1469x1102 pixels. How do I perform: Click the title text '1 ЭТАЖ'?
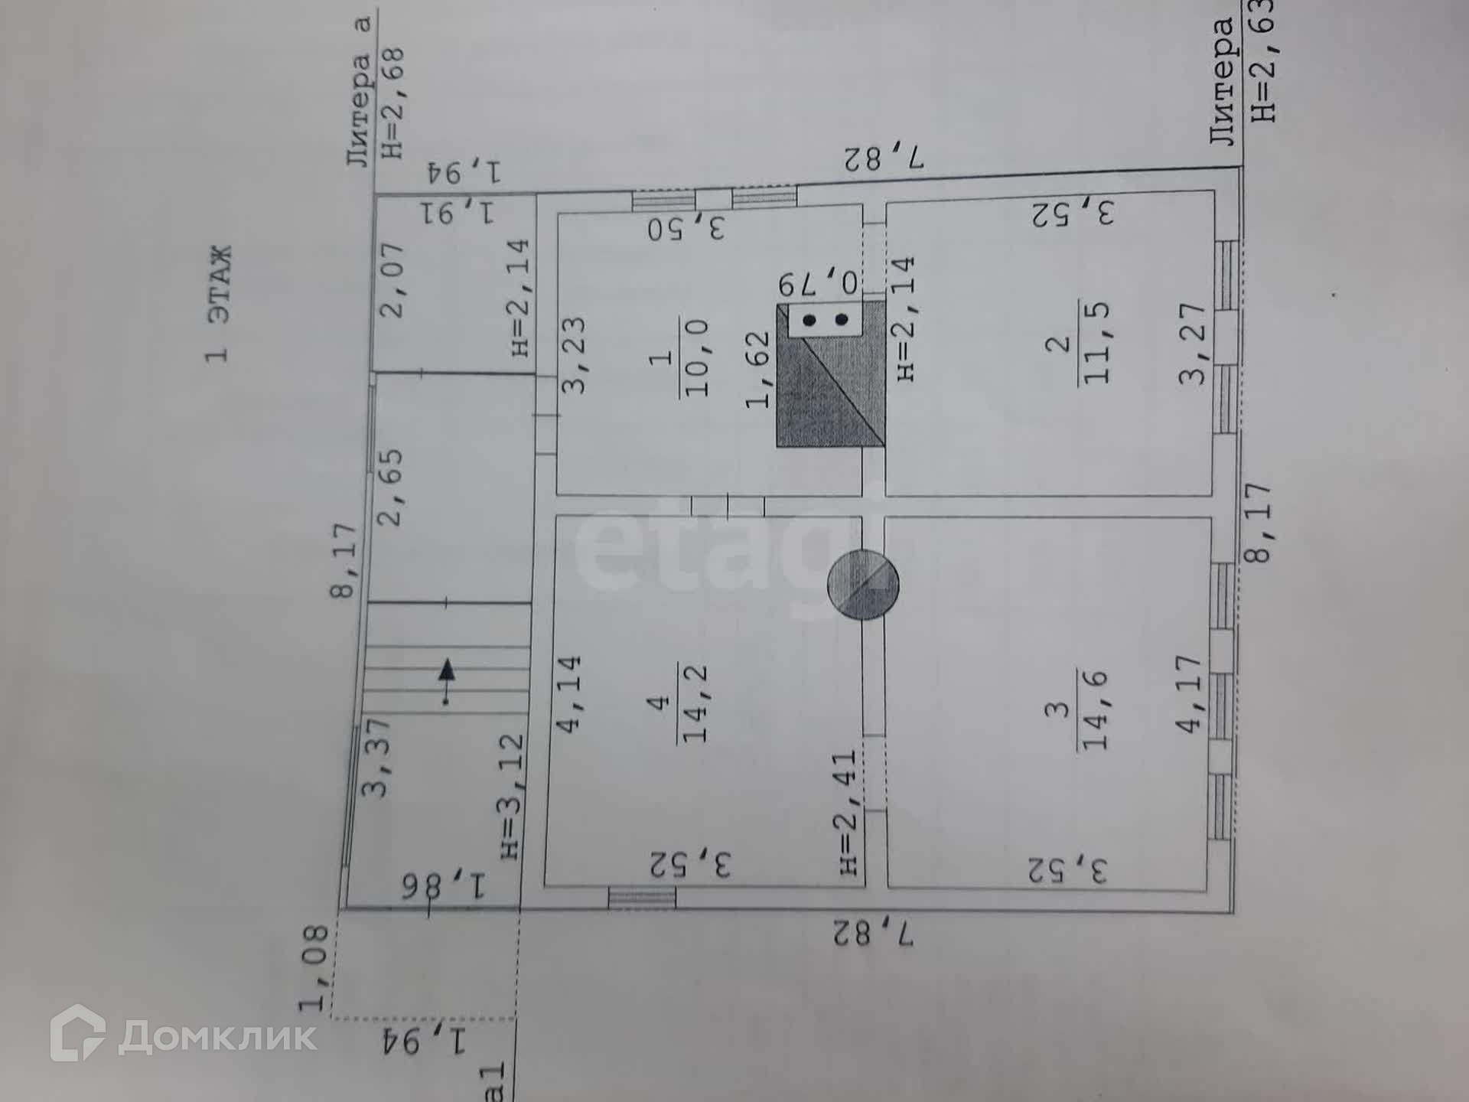click(x=218, y=304)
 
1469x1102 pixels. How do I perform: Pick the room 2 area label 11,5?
click(x=1095, y=343)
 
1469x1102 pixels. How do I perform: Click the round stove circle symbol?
click(x=863, y=585)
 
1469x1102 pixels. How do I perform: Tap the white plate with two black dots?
click(x=825, y=319)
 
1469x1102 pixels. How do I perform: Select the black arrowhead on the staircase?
click(x=447, y=672)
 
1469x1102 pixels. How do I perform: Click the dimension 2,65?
click(x=390, y=487)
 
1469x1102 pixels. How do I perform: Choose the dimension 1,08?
click(x=314, y=967)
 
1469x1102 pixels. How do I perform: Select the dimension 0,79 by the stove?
click(x=819, y=283)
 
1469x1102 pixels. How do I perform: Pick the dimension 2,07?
click(x=392, y=280)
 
